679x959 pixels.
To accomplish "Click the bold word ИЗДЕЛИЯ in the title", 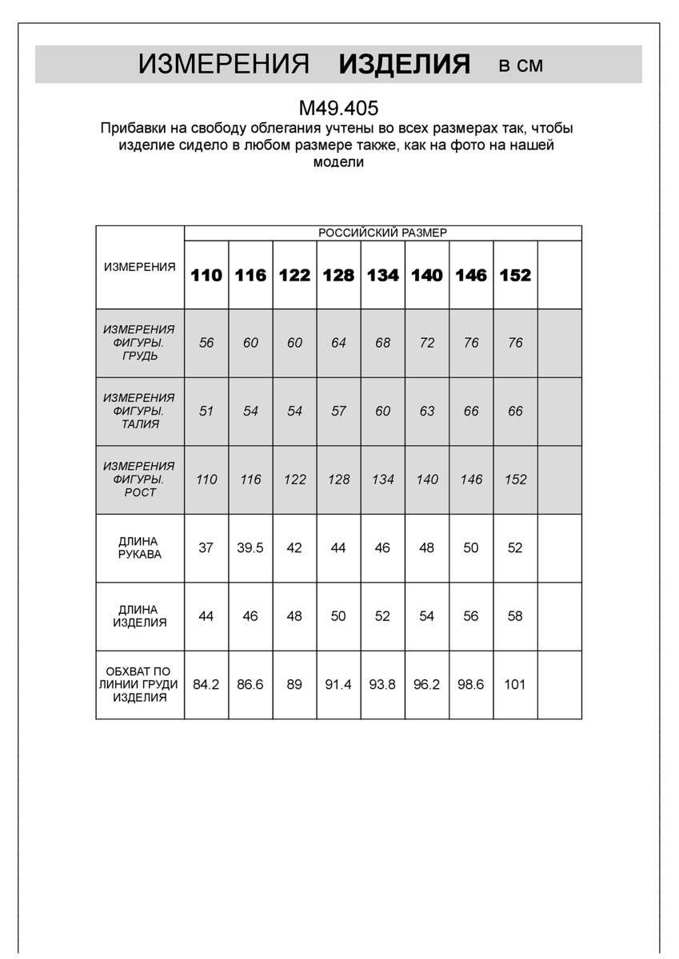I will click(405, 65).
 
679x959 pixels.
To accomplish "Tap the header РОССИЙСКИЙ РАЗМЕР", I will click(382, 233).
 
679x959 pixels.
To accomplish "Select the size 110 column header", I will click(206, 275).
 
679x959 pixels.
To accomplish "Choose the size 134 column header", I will click(382, 275).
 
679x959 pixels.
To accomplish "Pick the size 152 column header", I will click(515, 275).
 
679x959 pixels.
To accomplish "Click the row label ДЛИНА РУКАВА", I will click(139, 548).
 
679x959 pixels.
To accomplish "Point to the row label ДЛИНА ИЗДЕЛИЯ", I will click(139, 616).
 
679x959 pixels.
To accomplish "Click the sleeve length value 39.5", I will click(250, 548).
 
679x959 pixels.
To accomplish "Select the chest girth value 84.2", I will click(206, 685).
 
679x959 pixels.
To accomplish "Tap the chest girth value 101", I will click(515, 685).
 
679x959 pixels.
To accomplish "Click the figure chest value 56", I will click(206, 343).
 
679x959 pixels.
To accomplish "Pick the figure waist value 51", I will click(206, 412).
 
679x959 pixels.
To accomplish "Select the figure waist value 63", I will click(427, 412).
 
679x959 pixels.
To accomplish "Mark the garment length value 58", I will click(515, 616).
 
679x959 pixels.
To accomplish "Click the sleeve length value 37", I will click(206, 548).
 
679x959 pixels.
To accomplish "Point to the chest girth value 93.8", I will click(382, 685).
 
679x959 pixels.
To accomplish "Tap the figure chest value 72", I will click(427, 343).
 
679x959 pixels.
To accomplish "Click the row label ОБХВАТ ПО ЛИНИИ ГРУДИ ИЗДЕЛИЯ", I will click(139, 685).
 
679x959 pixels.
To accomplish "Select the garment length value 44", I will click(206, 616).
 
